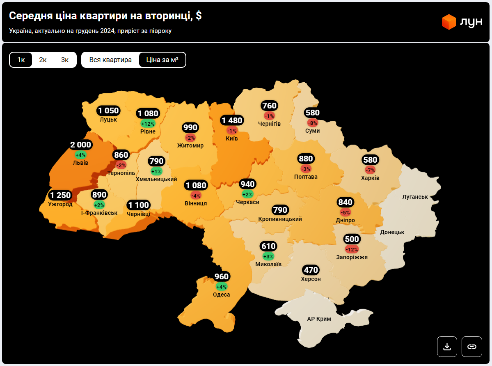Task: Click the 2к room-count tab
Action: tap(43, 60)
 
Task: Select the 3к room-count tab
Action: tap(65, 60)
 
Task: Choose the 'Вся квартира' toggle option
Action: tap(110, 60)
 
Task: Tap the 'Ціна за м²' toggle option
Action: tap(162, 60)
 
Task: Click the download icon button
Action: tap(447, 346)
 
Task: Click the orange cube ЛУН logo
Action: tap(449, 22)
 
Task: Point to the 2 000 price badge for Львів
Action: tap(80, 145)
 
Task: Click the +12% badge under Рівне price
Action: tap(148, 124)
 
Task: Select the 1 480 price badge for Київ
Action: tap(232, 120)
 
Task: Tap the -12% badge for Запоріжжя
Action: tap(352, 249)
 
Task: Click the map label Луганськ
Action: tap(415, 197)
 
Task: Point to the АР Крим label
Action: tap(319, 319)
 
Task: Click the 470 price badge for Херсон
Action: tap(311, 270)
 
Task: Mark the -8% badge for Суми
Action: tap(312, 123)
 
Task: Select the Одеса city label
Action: tap(221, 295)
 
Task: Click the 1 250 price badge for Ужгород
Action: tap(60, 195)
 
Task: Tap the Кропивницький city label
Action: tap(280, 219)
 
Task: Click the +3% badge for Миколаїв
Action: tap(268, 256)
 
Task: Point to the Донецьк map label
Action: tap(392, 232)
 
